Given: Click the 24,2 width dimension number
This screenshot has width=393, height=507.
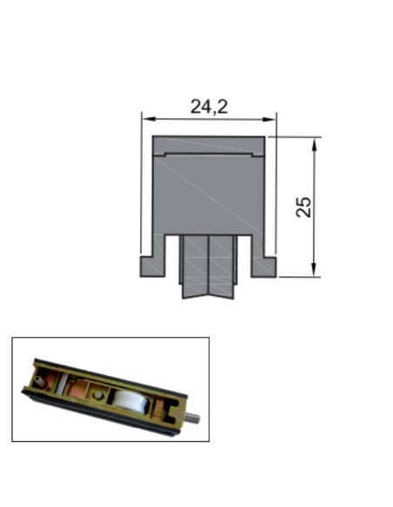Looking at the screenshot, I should [209, 106].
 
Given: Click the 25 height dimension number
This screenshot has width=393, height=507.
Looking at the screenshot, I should [303, 207].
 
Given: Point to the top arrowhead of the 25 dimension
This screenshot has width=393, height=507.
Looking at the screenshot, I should [315, 142].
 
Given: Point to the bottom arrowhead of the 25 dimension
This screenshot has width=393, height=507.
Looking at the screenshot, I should [315, 272].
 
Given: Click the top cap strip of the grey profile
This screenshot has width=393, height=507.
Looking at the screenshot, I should [209, 144].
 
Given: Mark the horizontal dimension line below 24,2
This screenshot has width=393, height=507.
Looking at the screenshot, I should [209, 119].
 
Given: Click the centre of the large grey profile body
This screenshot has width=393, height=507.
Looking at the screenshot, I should [209, 195].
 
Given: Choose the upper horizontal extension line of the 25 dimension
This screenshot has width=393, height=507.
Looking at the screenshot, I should [296, 136].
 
